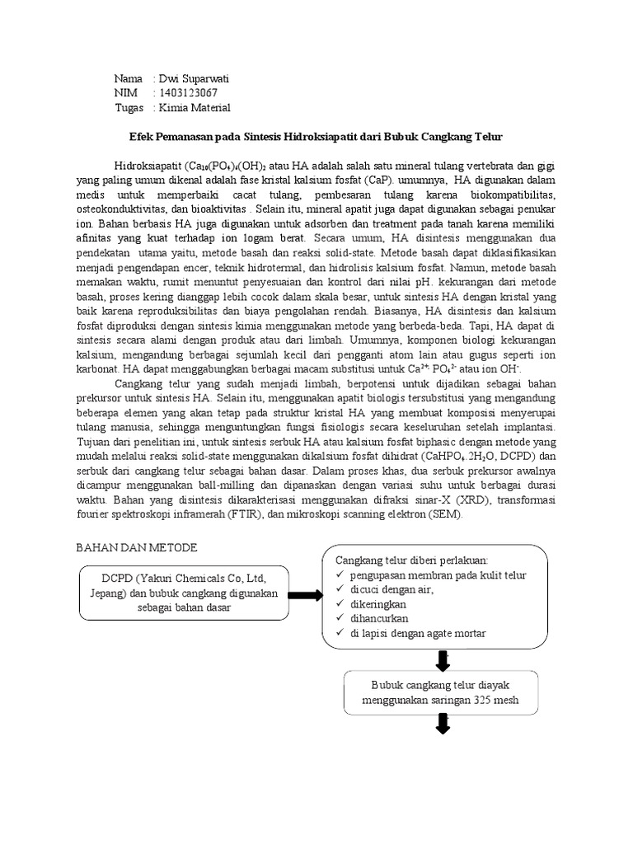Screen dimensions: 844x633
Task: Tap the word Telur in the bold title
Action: click(488, 135)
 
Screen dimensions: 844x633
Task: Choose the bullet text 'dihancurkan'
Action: click(378, 618)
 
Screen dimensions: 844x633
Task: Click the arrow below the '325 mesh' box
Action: click(443, 724)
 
